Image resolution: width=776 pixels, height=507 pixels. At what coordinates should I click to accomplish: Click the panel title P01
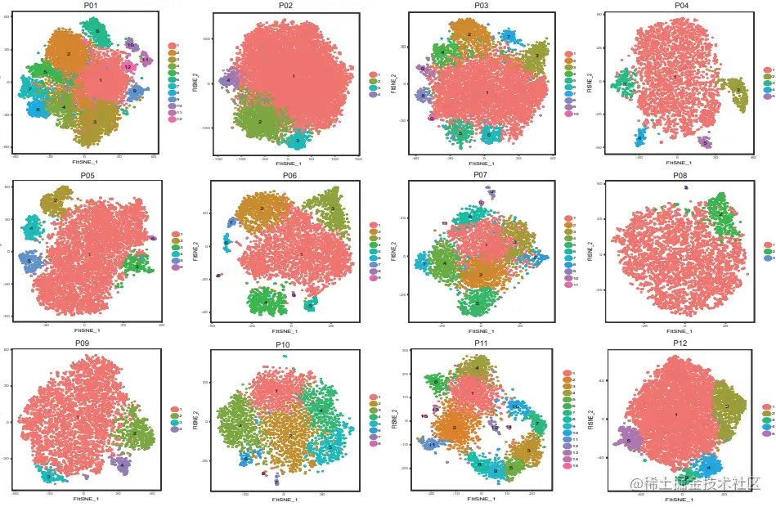pos(90,6)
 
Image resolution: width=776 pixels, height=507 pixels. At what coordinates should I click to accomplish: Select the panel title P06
pos(289,175)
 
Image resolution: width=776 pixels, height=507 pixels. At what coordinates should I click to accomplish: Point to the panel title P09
pos(81,343)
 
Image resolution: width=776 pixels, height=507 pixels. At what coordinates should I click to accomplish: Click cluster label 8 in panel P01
pos(37,108)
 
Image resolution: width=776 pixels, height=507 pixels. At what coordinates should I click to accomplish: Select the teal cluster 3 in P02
pos(298,141)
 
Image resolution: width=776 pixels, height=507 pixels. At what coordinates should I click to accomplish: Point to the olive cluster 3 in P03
pos(536,56)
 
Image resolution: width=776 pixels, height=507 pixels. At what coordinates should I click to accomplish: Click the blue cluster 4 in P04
pos(640,136)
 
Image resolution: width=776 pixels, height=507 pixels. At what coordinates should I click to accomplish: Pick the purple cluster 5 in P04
pos(705,142)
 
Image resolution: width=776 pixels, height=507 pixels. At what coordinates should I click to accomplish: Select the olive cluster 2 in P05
pos(56,200)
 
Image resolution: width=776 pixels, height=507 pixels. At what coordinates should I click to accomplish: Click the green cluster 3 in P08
pos(719,213)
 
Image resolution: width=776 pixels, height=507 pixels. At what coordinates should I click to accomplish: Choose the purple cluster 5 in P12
pos(628,441)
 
